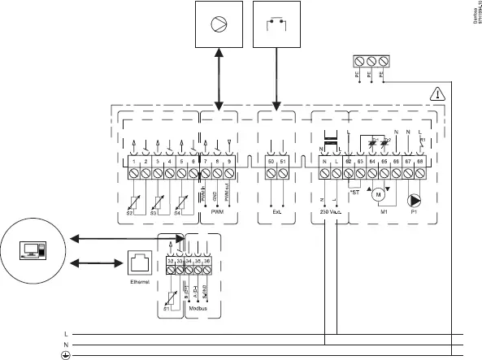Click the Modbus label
198,310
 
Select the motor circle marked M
377,193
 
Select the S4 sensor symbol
183,198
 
